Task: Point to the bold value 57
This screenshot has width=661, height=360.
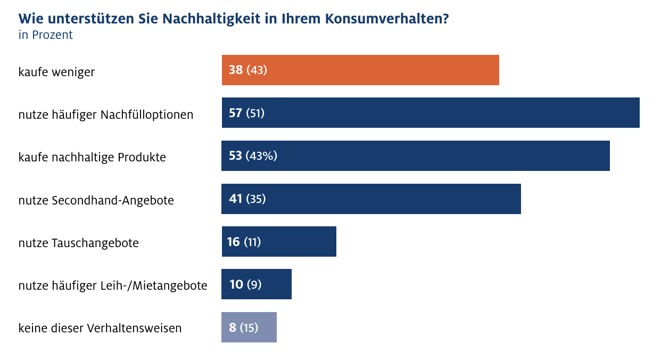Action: (236, 113)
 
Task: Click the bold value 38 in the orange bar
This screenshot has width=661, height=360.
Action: (236, 70)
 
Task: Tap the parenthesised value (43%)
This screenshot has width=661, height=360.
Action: (261, 156)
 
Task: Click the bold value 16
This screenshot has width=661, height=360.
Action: (234, 242)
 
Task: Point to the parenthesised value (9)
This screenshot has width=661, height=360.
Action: (254, 284)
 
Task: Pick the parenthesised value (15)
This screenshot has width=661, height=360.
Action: (249, 327)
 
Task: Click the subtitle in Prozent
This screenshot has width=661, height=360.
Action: (45, 35)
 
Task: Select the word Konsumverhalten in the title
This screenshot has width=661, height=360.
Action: (385, 19)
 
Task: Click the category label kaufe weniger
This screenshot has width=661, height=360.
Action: (56, 71)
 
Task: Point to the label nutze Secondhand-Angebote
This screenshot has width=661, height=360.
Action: (96, 200)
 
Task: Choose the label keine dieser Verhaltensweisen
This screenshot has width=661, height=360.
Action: (100, 328)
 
